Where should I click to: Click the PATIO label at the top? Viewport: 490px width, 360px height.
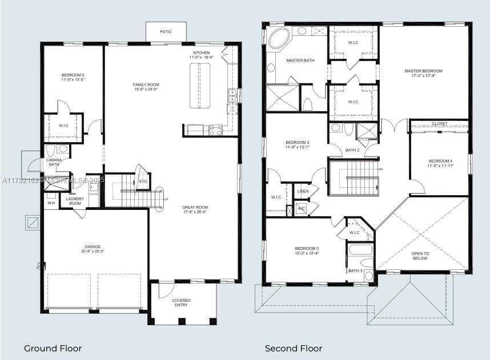point(165,32)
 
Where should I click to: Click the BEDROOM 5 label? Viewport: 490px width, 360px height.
point(73,75)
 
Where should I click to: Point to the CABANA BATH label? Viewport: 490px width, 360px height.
point(54,163)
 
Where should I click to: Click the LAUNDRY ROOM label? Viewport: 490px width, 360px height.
point(74,201)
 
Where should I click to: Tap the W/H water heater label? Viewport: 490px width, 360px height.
point(51,203)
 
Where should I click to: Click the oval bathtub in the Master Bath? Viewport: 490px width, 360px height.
point(279,39)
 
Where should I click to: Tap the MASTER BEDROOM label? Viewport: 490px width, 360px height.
point(423,71)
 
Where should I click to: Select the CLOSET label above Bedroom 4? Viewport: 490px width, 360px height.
point(440,124)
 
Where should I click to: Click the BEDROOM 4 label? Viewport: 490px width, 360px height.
point(440,161)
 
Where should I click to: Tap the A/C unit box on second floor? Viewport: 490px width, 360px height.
point(301,209)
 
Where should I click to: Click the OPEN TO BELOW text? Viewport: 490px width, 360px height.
point(420,256)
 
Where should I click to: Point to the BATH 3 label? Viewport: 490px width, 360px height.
point(355,270)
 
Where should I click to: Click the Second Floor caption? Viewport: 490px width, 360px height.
point(293,348)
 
